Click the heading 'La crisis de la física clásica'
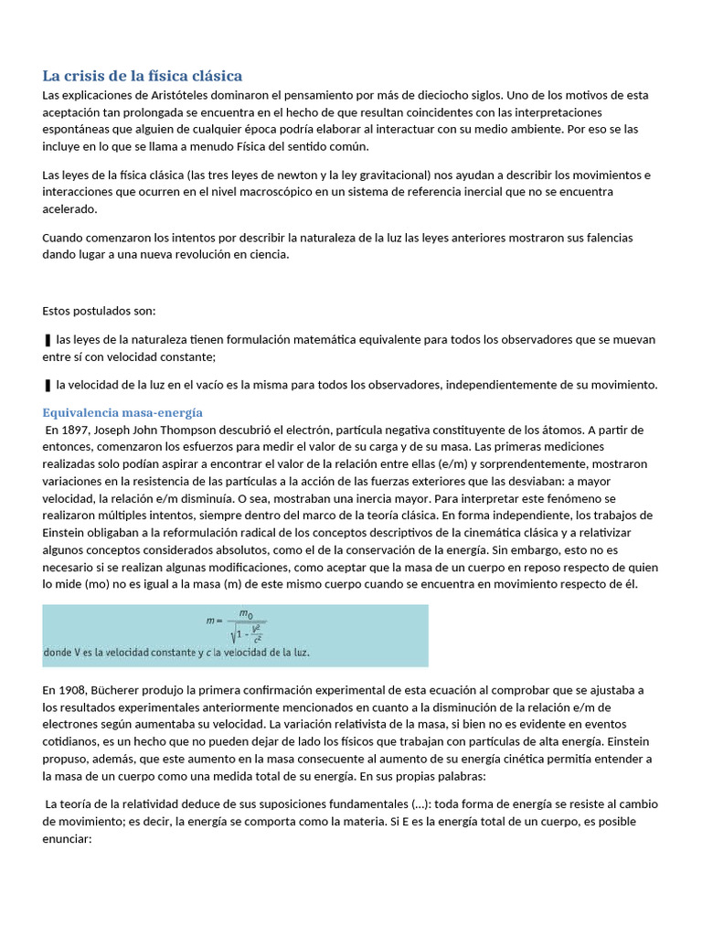coord(143,75)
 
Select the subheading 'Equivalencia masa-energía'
coord(123,412)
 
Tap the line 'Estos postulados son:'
coord(99,311)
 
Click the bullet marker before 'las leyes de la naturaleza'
coord(47,340)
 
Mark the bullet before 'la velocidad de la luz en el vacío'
coord(47,385)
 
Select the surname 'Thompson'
coord(195,430)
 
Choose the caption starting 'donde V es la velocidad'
coord(176,654)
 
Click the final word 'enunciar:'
coord(68,838)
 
